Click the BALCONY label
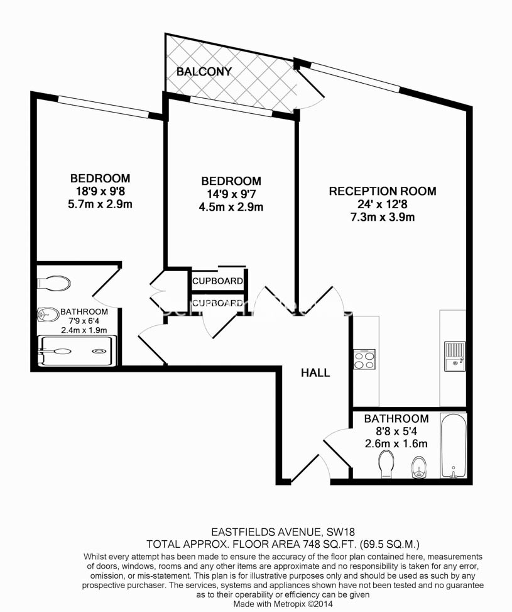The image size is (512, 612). [204, 72]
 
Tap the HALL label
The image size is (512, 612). [315, 373]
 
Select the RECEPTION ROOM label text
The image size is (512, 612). [383, 191]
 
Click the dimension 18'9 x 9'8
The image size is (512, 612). [100, 191]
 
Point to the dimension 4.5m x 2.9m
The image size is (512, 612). [231, 207]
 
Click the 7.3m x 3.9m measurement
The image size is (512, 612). [383, 217]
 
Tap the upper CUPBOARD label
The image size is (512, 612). [217, 281]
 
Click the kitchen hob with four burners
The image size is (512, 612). [364, 360]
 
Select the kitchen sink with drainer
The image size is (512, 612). [455, 356]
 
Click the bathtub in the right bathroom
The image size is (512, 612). [453, 446]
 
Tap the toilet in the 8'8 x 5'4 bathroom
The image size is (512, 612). [386, 464]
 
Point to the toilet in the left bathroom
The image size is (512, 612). [54, 283]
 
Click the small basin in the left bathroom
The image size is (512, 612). [46, 314]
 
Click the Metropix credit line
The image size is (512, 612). [283, 603]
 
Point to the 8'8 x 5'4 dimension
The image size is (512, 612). [396, 431]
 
